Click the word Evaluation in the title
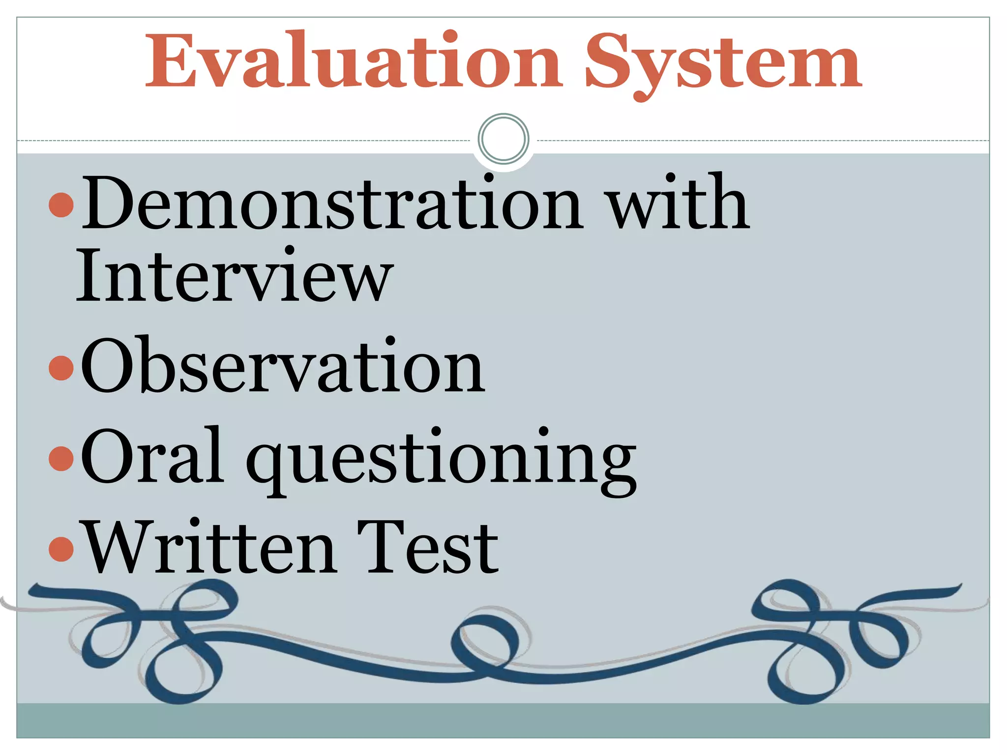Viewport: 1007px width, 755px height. click(353, 61)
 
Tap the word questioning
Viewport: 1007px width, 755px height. click(441, 460)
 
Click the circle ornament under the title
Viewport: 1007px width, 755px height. click(503, 139)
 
